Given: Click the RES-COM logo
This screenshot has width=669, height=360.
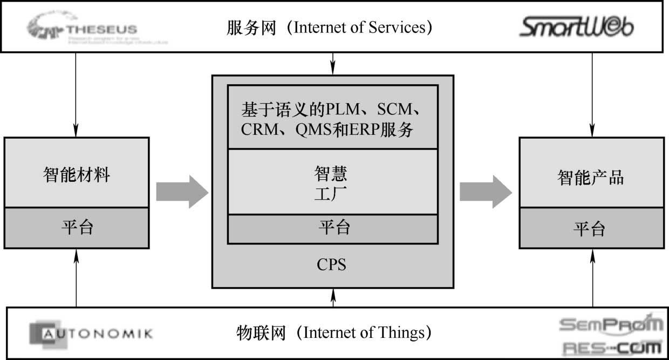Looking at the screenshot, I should [612, 347].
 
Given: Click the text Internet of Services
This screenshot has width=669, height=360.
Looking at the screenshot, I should [363, 28].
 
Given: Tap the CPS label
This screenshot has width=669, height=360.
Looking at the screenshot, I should [331, 265].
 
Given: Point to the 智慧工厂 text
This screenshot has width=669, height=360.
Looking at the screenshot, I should [331, 183].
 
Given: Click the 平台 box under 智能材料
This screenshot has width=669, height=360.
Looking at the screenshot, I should [76, 227].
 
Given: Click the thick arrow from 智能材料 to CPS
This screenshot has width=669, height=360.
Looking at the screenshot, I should [182, 192].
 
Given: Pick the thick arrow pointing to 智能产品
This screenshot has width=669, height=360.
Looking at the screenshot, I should [485, 192].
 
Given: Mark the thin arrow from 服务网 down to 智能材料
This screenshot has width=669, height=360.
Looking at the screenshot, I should [76, 94].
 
